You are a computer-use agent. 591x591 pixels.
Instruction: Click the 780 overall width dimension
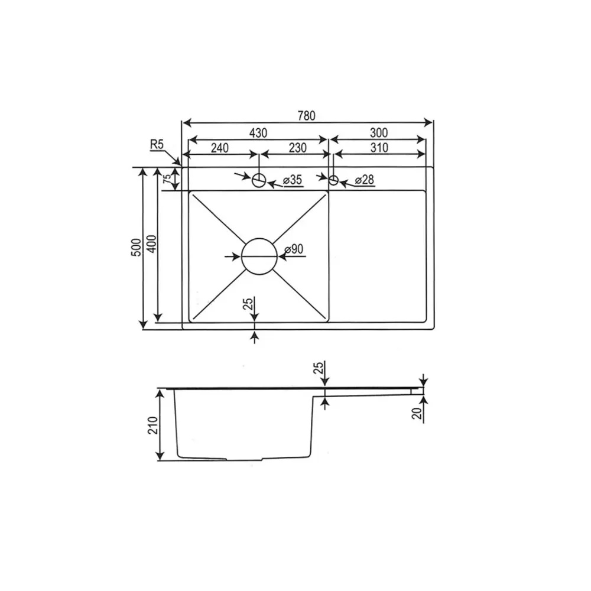(306, 115)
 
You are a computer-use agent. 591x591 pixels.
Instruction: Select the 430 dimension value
(258, 132)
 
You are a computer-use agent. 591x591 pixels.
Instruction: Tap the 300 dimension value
(378, 132)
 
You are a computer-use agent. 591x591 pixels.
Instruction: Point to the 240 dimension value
(219, 148)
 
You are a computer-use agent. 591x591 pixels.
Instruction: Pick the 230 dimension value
(297, 148)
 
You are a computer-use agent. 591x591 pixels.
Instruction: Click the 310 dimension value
(379, 148)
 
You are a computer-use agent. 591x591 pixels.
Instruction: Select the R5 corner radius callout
(157, 144)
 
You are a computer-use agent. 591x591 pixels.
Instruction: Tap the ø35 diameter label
(293, 180)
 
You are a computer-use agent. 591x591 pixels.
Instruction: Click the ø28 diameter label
(365, 180)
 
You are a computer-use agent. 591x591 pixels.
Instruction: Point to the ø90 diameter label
(294, 249)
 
